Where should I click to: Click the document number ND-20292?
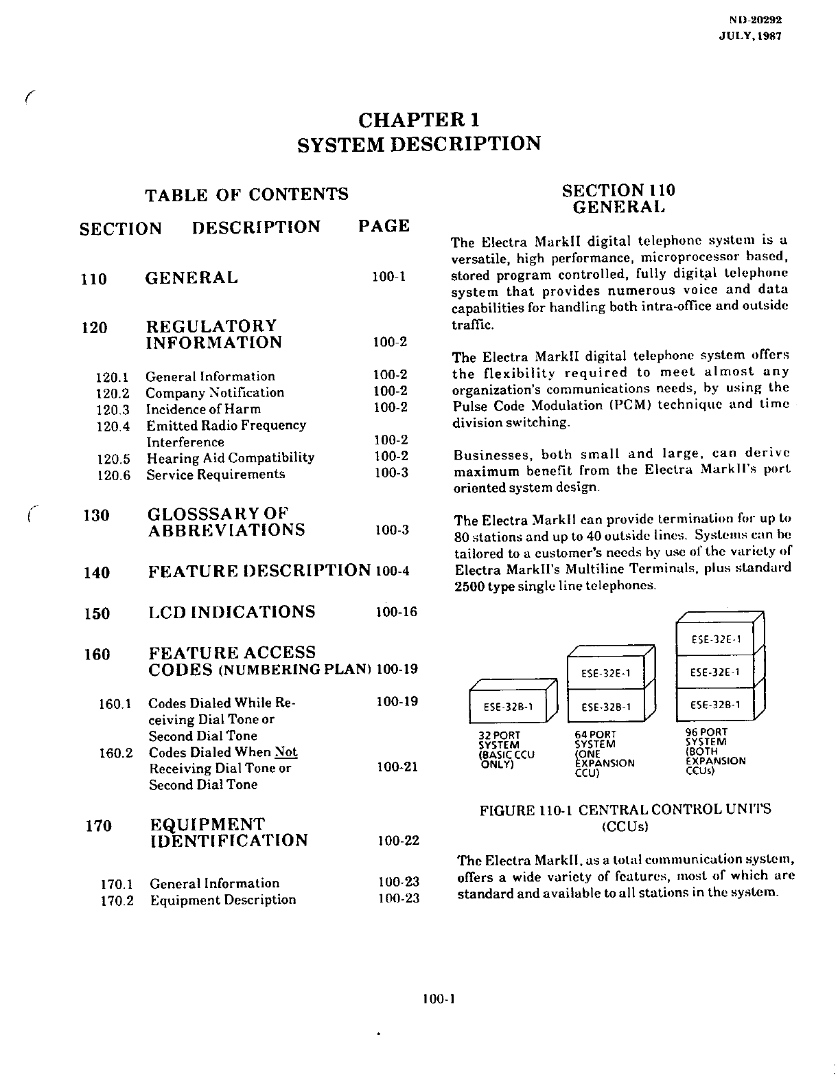click(756, 21)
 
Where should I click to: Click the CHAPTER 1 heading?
click(419, 120)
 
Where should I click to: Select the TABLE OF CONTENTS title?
click(246, 195)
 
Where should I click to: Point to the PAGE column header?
click(384, 227)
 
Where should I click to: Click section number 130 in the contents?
click(96, 515)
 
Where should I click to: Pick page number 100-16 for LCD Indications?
click(397, 612)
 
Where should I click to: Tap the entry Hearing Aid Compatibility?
click(230, 457)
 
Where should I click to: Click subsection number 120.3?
click(113, 409)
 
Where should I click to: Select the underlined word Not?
click(286, 752)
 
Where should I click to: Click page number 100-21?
click(397, 767)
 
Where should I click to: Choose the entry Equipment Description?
click(223, 900)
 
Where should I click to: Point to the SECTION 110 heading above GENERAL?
click(618, 190)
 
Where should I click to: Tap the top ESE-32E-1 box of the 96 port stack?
click(715, 639)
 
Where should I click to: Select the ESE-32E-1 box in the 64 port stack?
click(605, 673)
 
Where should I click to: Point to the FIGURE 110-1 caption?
click(625, 810)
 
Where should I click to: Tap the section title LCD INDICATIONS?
click(232, 612)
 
